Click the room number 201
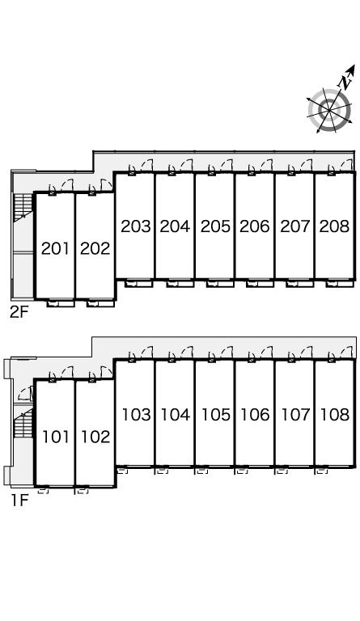pyautogui.click(x=56, y=249)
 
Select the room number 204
pyautogui.click(x=175, y=226)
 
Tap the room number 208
pyautogui.click(x=335, y=226)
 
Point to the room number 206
pyautogui.click(x=255, y=226)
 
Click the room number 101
pyautogui.click(x=56, y=437)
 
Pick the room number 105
pyautogui.click(x=216, y=415)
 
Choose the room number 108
pyautogui.click(x=335, y=415)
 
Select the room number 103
pyautogui.click(x=136, y=415)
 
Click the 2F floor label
pyautogui.click(x=19, y=313)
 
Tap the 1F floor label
pyautogui.click(x=19, y=501)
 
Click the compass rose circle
pyautogui.click(x=329, y=109)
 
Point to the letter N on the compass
pyautogui.click(x=344, y=82)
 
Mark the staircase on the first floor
pyautogui.click(x=23, y=423)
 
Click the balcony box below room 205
pyautogui.click(x=220, y=283)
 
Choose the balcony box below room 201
pyautogui.click(x=61, y=303)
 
